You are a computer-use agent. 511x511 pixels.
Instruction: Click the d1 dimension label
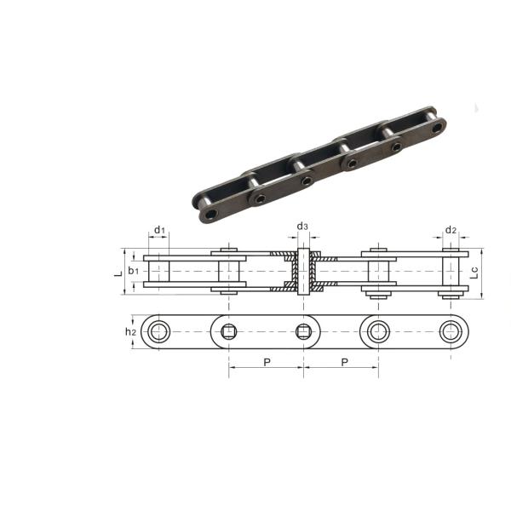(159, 231)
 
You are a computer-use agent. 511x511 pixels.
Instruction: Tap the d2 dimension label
(451, 231)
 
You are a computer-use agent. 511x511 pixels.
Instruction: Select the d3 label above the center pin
(303, 227)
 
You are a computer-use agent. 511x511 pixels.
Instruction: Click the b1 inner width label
(134, 271)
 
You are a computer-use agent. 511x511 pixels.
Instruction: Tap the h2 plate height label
(130, 331)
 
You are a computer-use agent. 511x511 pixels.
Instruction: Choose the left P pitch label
(266, 363)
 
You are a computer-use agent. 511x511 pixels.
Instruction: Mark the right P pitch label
(343, 363)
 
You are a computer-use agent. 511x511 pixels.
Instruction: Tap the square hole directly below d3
(304, 331)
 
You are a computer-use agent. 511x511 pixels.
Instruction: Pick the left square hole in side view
(228, 331)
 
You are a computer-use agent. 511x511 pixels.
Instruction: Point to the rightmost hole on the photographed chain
(438, 128)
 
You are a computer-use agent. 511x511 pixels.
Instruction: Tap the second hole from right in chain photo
(396, 147)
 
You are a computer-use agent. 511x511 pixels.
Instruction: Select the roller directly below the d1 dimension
(159, 273)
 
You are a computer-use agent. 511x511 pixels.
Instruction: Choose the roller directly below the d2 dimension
(451, 273)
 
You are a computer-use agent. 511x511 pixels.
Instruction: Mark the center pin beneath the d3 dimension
(304, 273)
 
